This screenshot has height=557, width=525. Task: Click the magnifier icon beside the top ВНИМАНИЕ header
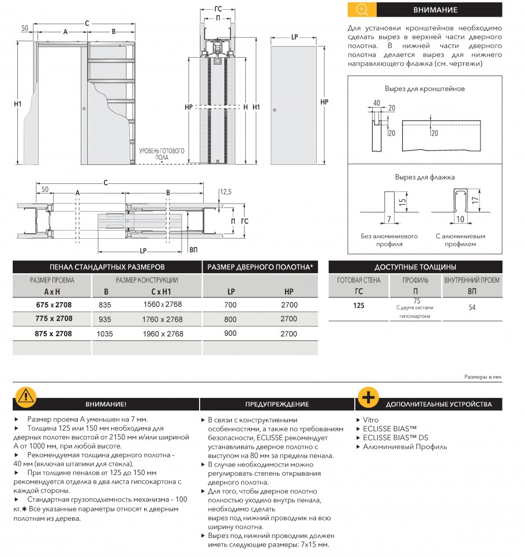click(362, 10)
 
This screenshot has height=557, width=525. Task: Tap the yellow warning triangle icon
click(25, 396)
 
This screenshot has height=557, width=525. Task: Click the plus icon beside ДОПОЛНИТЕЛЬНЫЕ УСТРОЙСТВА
click(367, 397)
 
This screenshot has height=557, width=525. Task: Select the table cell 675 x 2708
click(51, 304)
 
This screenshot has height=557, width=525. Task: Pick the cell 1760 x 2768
click(163, 319)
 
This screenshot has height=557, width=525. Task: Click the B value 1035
click(104, 334)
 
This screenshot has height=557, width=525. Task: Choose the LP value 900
click(230, 334)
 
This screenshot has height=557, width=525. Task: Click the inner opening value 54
click(472, 307)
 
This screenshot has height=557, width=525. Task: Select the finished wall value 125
click(358, 306)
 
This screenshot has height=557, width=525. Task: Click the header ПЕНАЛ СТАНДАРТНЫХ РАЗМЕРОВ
click(107, 268)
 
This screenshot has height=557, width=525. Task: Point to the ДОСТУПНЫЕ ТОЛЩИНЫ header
click(415, 268)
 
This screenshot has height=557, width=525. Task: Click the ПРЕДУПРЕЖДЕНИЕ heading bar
click(277, 404)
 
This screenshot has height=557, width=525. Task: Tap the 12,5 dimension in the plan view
click(226, 191)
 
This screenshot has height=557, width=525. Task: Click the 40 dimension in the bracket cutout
click(376, 103)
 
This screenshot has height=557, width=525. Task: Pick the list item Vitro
click(371, 420)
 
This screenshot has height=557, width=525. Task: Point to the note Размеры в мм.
click(483, 377)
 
